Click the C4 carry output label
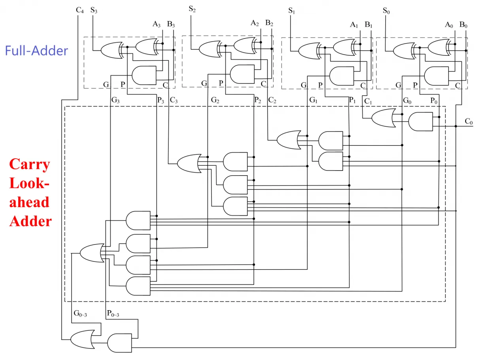tap(80, 10)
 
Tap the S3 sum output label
tap(94, 10)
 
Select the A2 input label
tap(255, 23)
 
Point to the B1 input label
tap(368, 25)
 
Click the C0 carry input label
tap(468, 121)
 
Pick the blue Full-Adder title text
tap(36, 51)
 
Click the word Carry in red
tap(30, 164)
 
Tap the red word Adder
tap(30, 221)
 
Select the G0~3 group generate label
tap(80, 313)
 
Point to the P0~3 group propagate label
tap(113, 313)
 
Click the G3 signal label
tap(115, 100)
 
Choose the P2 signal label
tap(258, 100)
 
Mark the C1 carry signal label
tap(368, 101)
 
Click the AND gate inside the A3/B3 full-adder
tap(144, 75)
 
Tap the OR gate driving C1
tap(383, 118)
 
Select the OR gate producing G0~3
tap(92, 253)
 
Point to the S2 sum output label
tap(192, 9)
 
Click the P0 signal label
tap(434, 100)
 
